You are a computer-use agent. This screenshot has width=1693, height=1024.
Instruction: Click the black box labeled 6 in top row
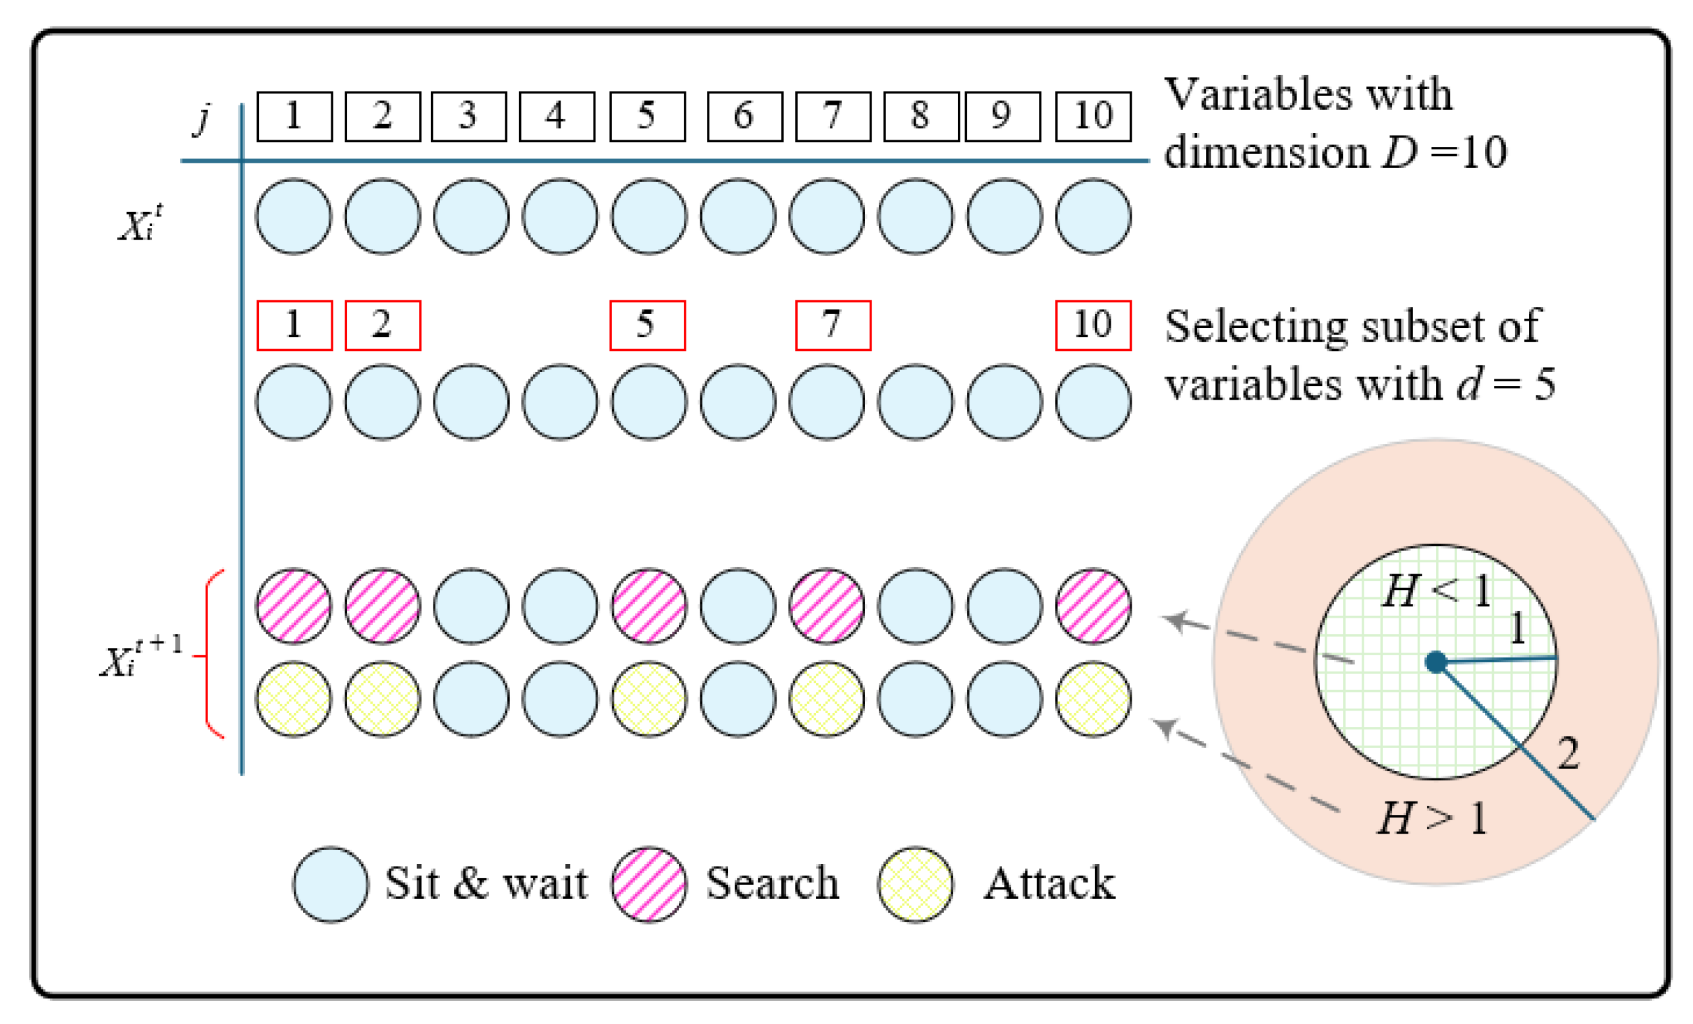tap(745, 117)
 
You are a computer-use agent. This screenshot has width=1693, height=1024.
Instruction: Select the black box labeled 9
tap(1003, 117)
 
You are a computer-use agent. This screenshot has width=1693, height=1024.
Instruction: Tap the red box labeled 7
tap(833, 325)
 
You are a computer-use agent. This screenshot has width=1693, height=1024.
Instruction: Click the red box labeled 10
tap(1092, 325)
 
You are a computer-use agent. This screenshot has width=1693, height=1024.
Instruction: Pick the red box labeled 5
tap(648, 325)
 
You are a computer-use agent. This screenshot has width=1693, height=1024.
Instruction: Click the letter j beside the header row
tap(203, 118)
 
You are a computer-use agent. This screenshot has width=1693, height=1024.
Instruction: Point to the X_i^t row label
tap(141, 224)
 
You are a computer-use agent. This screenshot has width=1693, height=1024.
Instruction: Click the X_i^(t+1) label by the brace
tap(141, 658)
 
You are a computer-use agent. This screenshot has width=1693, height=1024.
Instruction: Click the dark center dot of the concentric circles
tap(1436, 662)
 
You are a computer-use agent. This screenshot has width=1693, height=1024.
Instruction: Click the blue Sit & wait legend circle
tap(331, 884)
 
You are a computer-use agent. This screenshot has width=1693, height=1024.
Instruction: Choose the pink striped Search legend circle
tap(649, 884)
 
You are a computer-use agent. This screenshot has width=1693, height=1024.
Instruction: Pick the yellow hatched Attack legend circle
tap(915, 884)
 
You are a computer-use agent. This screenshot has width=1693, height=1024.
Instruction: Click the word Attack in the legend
tap(1049, 884)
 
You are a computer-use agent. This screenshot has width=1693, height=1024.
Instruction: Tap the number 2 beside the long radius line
tap(1567, 754)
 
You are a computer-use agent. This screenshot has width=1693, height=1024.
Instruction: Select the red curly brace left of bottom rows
tap(211, 655)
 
